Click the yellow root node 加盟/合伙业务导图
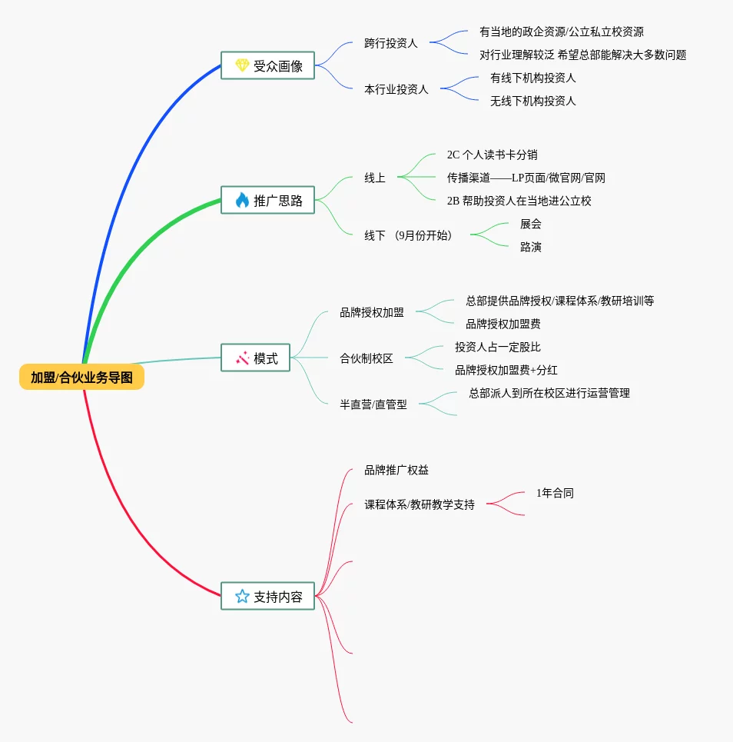tap(81, 378)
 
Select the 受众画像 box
tap(267, 65)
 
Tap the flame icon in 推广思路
tap(242, 200)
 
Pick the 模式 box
tap(255, 358)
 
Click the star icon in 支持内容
tap(242, 596)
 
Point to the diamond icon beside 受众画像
tap(242, 65)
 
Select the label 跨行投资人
tap(391, 43)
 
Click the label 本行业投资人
tap(396, 89)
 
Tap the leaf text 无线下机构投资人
tap(533, 101)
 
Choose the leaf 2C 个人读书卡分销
tap(493, 155)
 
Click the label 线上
tap(375, 178)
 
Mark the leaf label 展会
tap(531, 224)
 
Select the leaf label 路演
tap(531, 247)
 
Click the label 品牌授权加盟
tap(372, 312)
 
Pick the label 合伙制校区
tap(366, 358)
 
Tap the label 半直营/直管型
tap(373, 404)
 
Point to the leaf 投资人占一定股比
tap(498, 347)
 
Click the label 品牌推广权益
tap(396, 470)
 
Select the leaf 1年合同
tap(556, 493)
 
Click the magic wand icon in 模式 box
tap(242, 358)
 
